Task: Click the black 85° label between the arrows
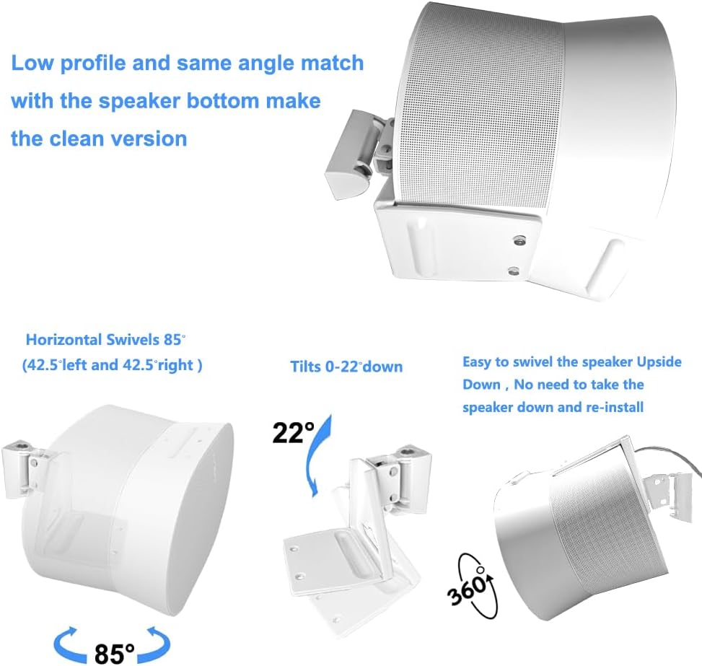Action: [x=114, y=654]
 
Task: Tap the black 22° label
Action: [x=293, y=433]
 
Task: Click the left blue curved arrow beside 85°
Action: [x=69, y=645]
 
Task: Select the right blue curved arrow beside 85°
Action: [x=155, y=645]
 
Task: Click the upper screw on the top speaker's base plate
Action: [x=519, y=240]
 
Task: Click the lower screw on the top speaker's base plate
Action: [x=514, y=271]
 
